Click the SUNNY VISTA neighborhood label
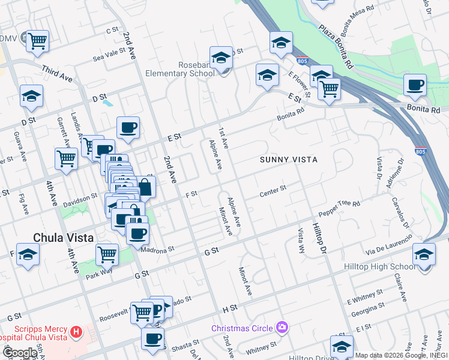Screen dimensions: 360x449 pos(288,160)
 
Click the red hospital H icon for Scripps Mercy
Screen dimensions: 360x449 pos(76,331)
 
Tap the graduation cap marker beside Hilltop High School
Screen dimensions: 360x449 pos(424,255)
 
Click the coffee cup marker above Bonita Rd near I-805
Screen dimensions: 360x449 pos(415,85)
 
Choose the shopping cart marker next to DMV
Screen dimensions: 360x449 pos(37,41)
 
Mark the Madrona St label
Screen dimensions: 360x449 pos(157,248)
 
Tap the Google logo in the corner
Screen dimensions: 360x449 pos(19,353)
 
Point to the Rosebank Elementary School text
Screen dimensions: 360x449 pos(179,69)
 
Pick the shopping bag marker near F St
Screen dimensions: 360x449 pos(145,186)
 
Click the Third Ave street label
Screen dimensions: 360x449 pos(57,75)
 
